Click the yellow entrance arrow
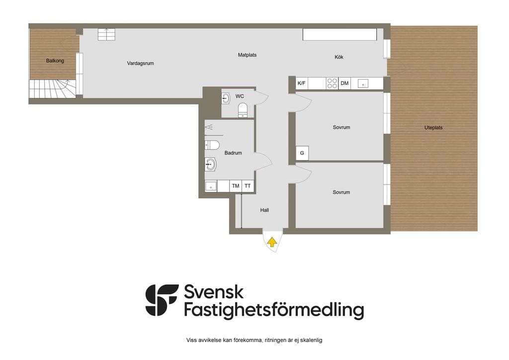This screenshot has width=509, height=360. point(272,242)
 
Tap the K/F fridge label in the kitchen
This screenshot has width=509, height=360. point(302,83)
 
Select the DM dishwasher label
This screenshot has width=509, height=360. point(344,83)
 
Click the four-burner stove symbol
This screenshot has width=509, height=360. point(332,83)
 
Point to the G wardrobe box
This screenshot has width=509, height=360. point(302,153)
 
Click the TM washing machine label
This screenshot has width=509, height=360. point(236,186)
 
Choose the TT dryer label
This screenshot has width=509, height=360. point(248,186)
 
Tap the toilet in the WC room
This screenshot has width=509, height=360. point(243,110)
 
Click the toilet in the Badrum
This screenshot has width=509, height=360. point(212,145)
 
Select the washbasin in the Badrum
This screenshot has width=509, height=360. point(210,165)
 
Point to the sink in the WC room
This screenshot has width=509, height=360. point(226,98)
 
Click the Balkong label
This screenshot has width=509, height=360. point(55,61)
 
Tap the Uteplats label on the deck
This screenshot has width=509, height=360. point(433,128)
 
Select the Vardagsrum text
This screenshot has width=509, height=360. point(140,63)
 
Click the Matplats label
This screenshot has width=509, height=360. point(247,55)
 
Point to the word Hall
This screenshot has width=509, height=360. point(264,210)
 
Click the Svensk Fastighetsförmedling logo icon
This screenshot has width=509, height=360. point(162,300)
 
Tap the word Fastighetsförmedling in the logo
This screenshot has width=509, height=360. point(274,310)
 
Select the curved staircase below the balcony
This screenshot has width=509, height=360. point(53,89)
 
